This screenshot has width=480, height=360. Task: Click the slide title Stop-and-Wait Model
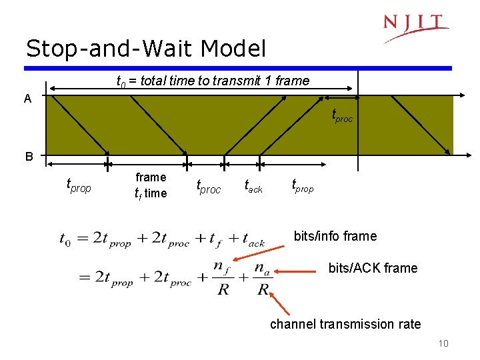[x=145, y=48]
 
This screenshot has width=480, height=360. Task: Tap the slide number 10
[x=443, y=343]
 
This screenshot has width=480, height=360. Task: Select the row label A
[x=27, y=99]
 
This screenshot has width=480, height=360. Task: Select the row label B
[x=29, y=157]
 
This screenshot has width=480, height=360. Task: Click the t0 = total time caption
[x=213, y=81]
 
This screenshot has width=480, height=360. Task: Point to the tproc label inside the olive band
[x=342, y=117]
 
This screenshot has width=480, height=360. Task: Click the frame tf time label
[x=151, y=185]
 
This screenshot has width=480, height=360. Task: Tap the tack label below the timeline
[x=253, y=186]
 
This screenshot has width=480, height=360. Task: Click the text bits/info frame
[x=335, y=236]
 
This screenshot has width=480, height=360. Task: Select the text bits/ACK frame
[x=373, y=268]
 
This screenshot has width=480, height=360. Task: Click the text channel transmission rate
[x=345, y=324]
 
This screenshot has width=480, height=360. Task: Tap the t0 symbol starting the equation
[x=66, y=239]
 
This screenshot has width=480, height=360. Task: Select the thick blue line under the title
[x=238, y=68]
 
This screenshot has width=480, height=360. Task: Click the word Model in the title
[x=233, y=48]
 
